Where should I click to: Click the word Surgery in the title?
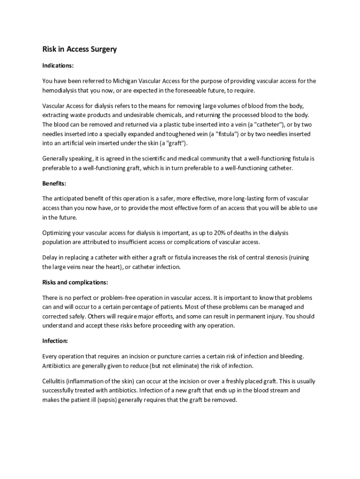point(100,50)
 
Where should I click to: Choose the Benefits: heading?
point(54,183)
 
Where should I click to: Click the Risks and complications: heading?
point(75,283)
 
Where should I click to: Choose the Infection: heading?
point(55,341)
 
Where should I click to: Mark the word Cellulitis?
point(56,381)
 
